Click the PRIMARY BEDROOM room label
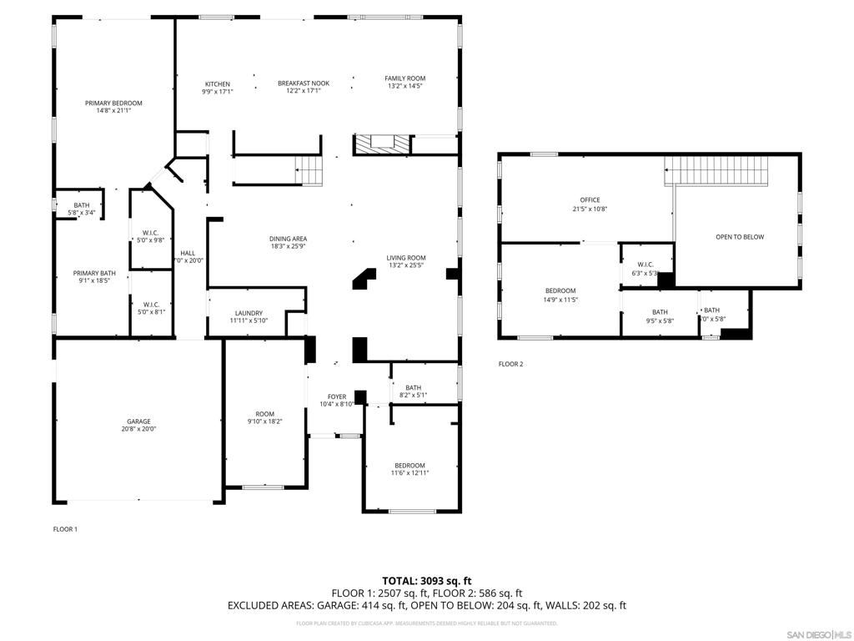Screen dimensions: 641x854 click(x=113, y=103)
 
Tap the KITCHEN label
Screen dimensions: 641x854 click(x=218, y=84)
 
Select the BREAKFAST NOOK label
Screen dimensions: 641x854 click(x=304, y=83)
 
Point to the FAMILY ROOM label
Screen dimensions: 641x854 click(x=405, y=78)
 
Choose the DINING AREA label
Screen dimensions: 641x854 click(x=289, y=239)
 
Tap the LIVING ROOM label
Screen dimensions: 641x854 click(x=406, y=258)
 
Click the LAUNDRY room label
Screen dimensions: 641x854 click(x=249, y=313)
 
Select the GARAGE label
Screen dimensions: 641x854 click(x=138, y=421)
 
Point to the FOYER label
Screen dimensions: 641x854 click(x=337, y=396)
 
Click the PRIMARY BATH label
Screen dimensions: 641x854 click(x=94, y=273)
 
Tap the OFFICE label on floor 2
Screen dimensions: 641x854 click(x=590, y=200)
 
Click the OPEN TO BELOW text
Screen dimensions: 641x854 click(x=740, y=237)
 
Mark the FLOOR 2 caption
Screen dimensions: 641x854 click(x=510, y=364)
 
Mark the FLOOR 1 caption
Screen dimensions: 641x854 click(x=65, y=529)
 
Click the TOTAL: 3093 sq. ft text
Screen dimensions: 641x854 click(x=426, y=580)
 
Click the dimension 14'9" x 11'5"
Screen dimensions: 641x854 click(x=560, y=300)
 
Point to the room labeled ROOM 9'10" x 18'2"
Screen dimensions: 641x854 click(x=264, y=417)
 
